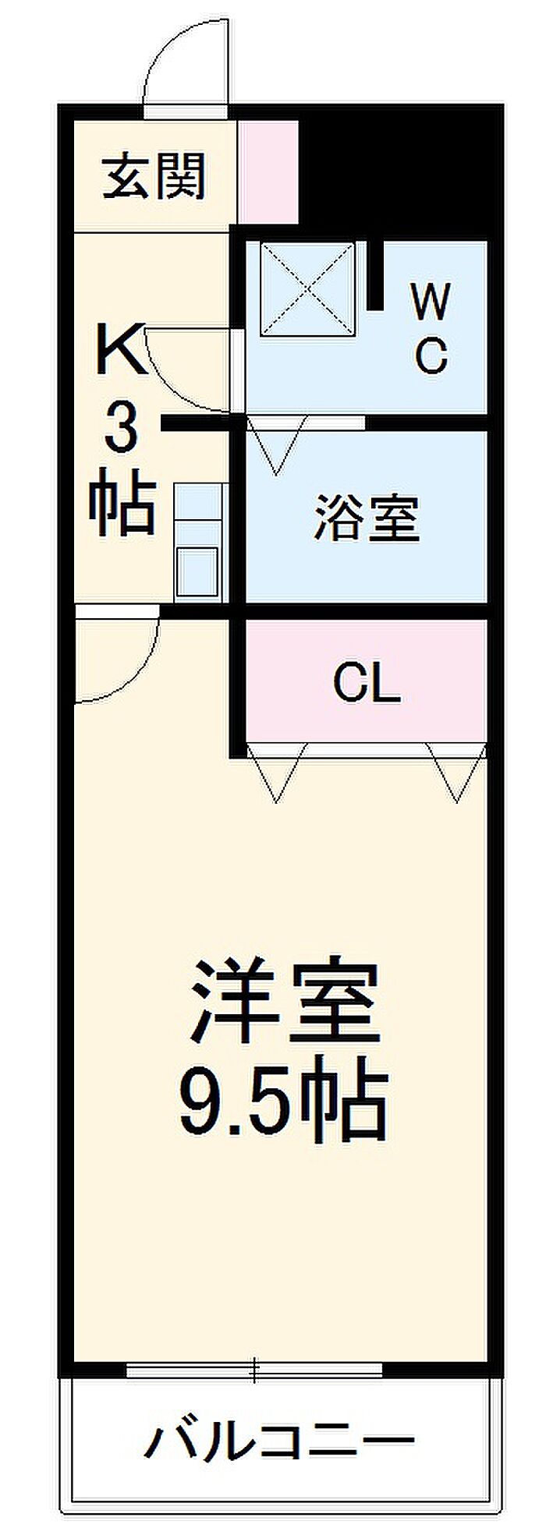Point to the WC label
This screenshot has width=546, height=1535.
click(x=431, y=327)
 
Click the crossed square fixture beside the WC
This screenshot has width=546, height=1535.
click(x=307, y=288)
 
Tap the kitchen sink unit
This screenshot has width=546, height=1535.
click(x=198, y=543)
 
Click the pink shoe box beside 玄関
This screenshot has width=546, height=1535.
click(x=268, y=172)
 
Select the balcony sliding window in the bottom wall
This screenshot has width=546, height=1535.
click(x=254, y=1369)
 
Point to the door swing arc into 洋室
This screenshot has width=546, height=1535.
click(x=117, y=655)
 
